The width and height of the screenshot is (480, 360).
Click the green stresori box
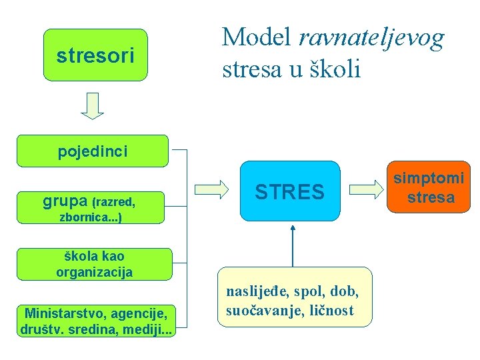95,55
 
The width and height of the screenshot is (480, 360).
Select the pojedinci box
92,151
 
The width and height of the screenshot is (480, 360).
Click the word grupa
65,199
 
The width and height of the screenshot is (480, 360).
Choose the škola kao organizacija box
94,264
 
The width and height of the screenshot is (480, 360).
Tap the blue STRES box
290,192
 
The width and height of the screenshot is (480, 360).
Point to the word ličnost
332,310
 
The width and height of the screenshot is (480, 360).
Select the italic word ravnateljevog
371,38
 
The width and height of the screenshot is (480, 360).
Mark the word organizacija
94,272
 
